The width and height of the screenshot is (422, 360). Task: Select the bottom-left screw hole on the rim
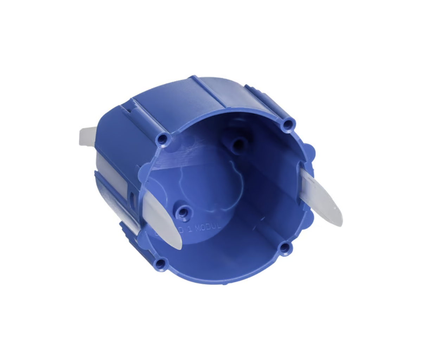click(161, 263)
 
